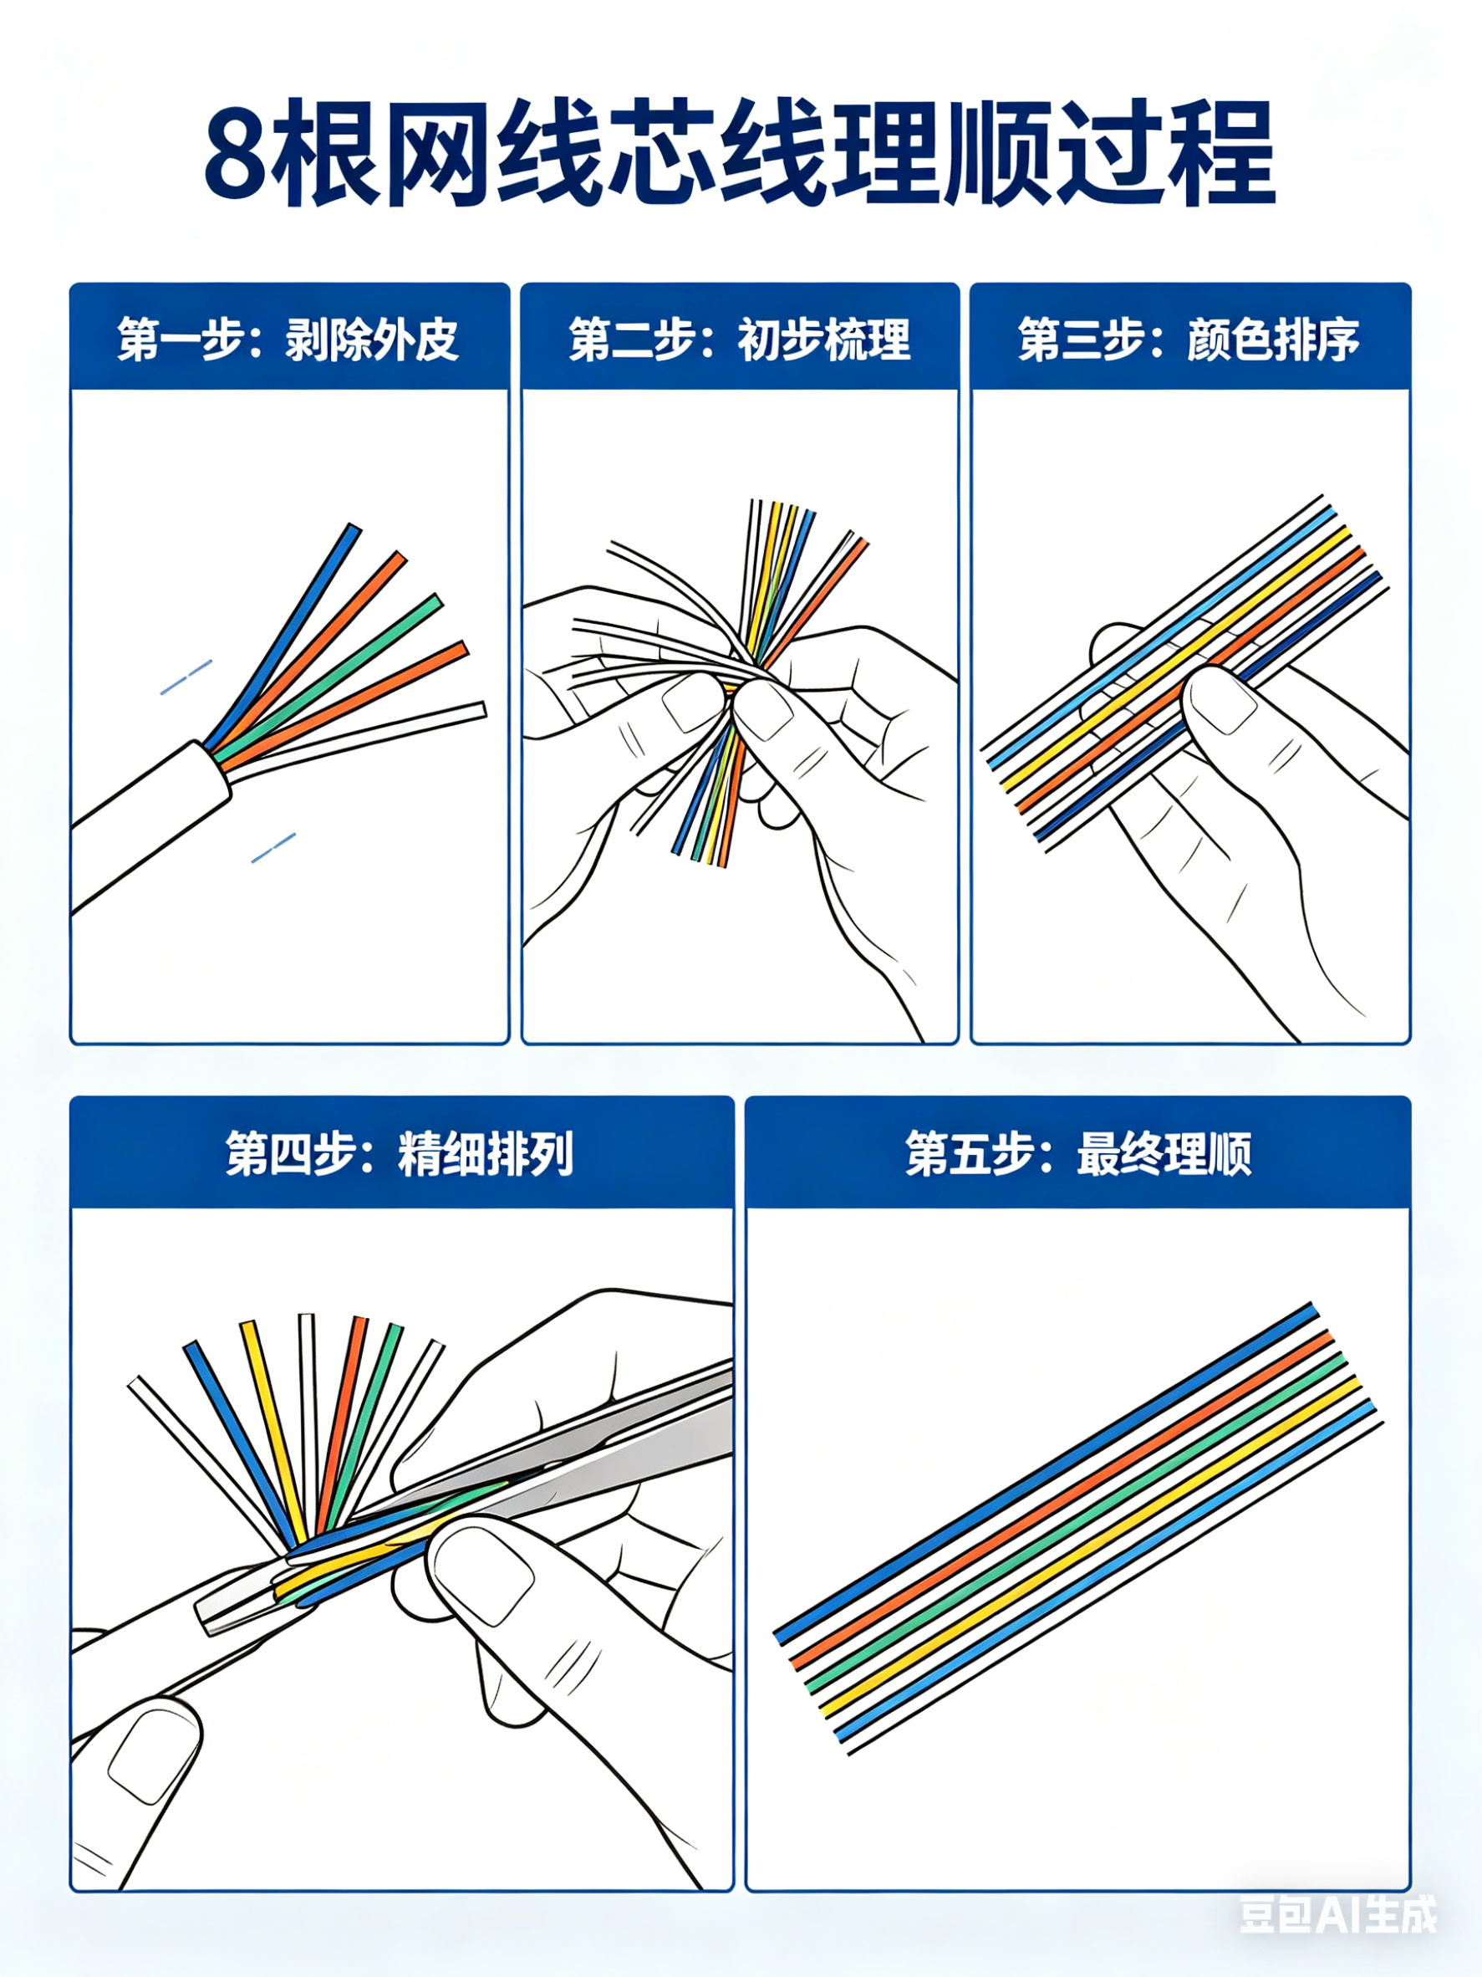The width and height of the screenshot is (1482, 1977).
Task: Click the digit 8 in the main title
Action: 237,157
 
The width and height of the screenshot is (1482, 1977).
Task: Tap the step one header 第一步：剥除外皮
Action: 288,340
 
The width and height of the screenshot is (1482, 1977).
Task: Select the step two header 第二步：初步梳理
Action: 740,340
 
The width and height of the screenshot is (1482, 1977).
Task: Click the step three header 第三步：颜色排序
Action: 1189,340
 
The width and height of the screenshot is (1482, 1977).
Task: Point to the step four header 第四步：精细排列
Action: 400,1153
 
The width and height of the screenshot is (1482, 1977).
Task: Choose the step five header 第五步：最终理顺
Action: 1077,1153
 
